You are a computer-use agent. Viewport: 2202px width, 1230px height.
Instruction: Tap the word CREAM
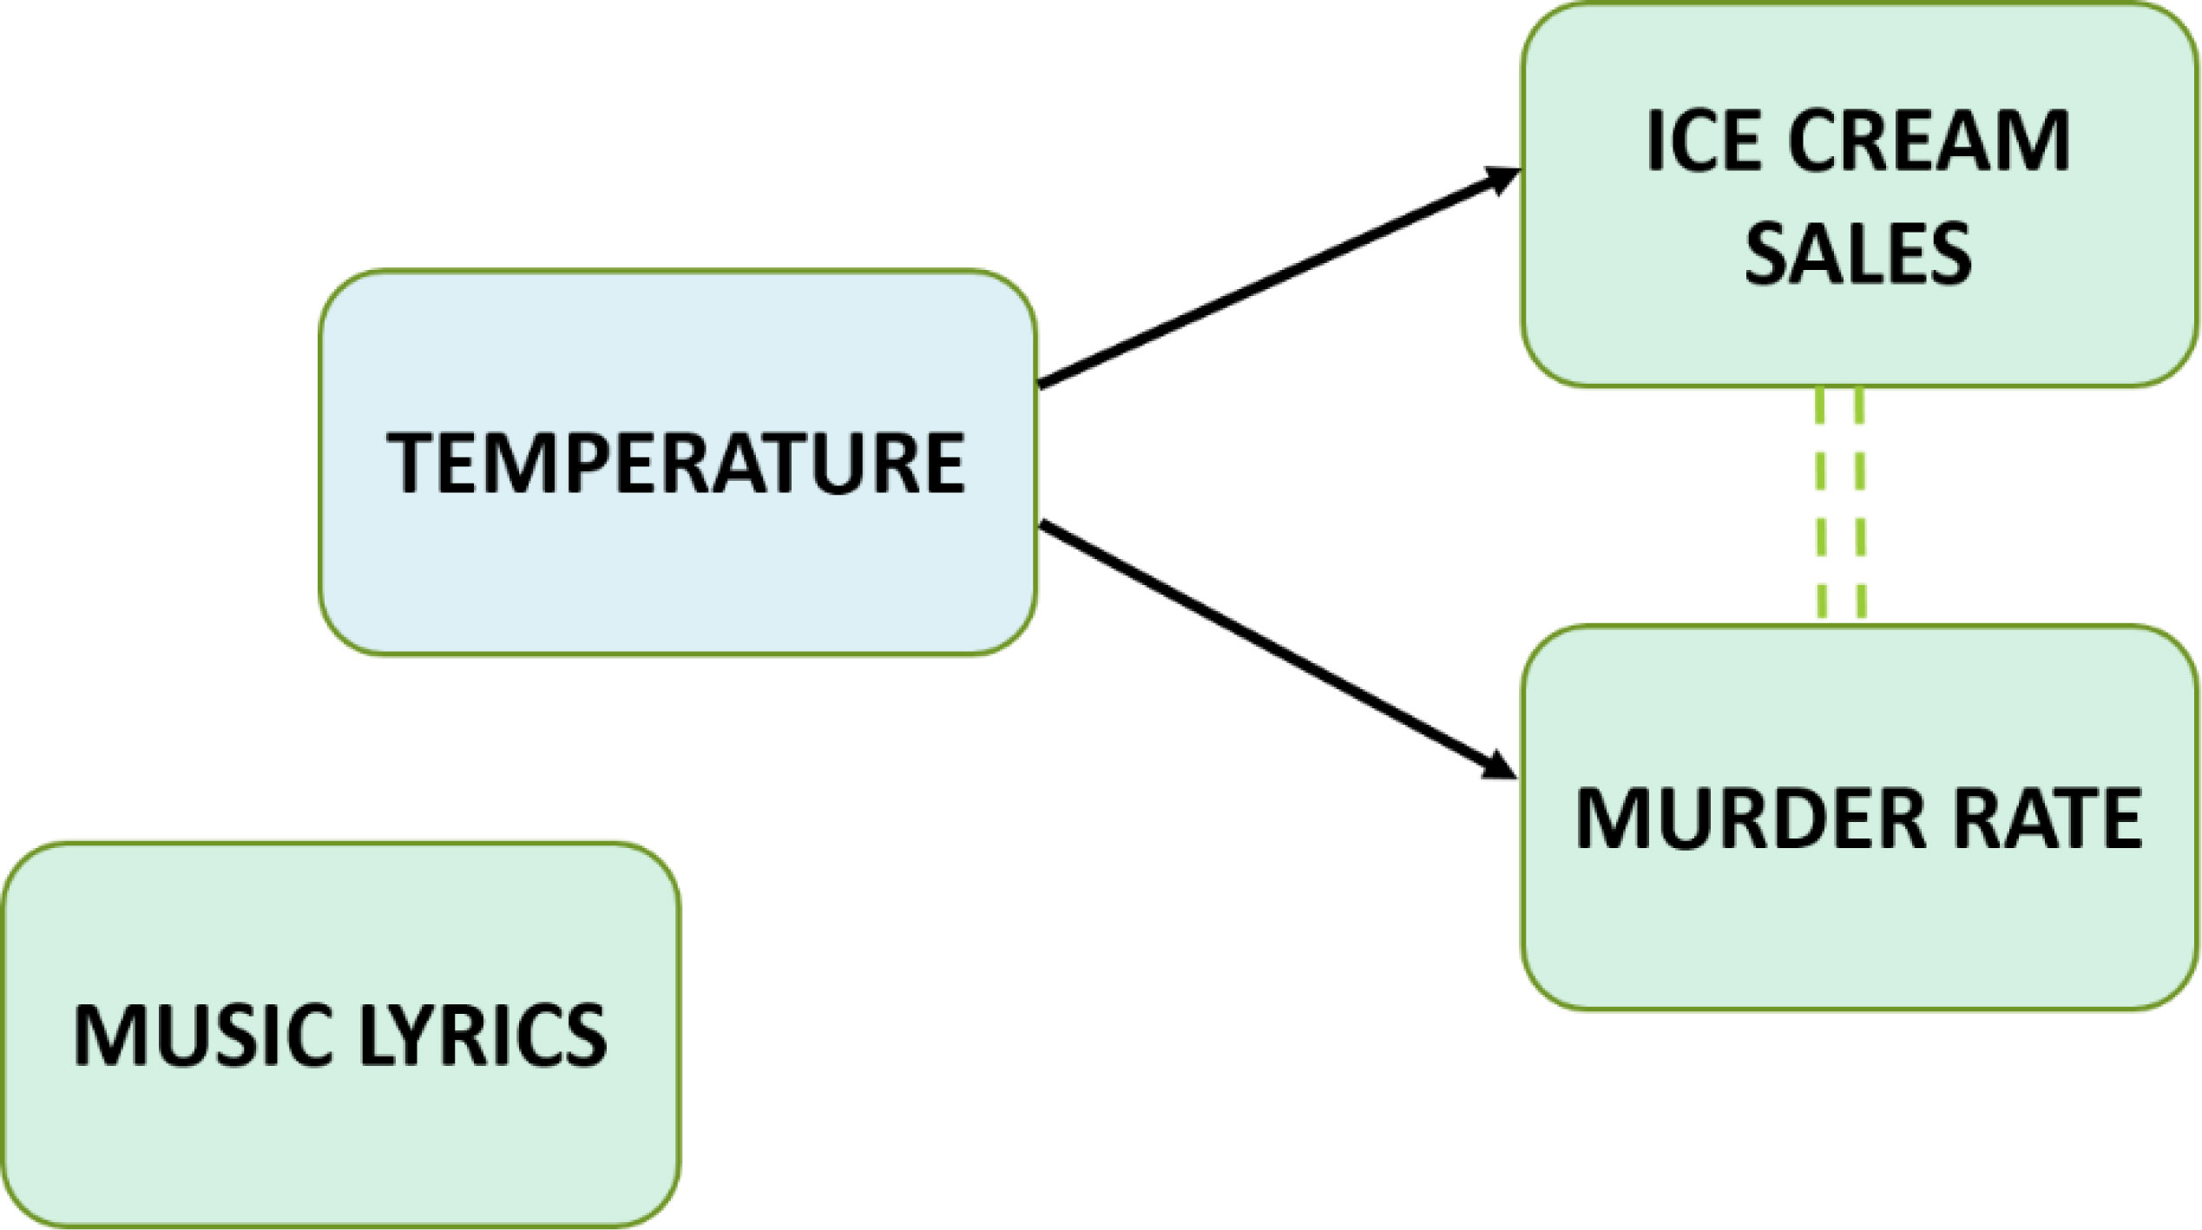pos(1928,141)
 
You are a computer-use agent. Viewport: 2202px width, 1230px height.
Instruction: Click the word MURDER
pos(1739,819)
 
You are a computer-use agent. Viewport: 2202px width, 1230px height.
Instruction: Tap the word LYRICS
pos(483,1035)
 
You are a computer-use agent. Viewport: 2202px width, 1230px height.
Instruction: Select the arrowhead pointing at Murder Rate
pos(1497,766)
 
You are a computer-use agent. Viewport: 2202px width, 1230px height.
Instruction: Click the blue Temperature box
pos(677,573)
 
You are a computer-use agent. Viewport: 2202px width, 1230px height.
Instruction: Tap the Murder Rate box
pos(1857,929)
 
